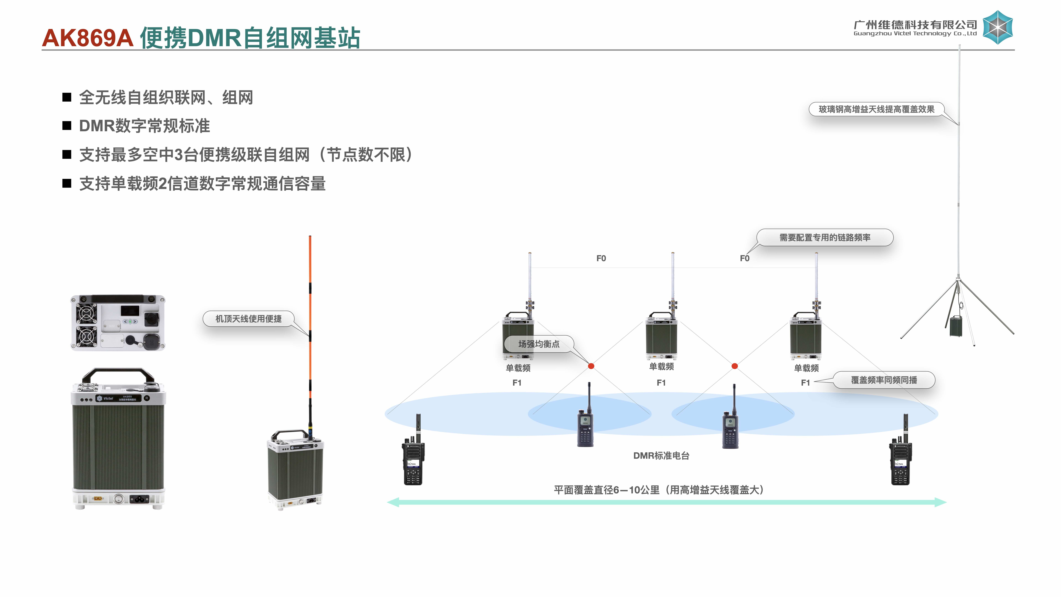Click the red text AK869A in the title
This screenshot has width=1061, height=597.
[87, 38]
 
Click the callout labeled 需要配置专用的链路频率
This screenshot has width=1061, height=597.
[825, 238]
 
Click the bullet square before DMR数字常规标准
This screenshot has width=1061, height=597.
[67, 126]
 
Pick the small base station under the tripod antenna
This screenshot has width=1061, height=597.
[956, 326]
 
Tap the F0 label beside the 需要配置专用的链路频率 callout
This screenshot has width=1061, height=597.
[744, 258]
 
